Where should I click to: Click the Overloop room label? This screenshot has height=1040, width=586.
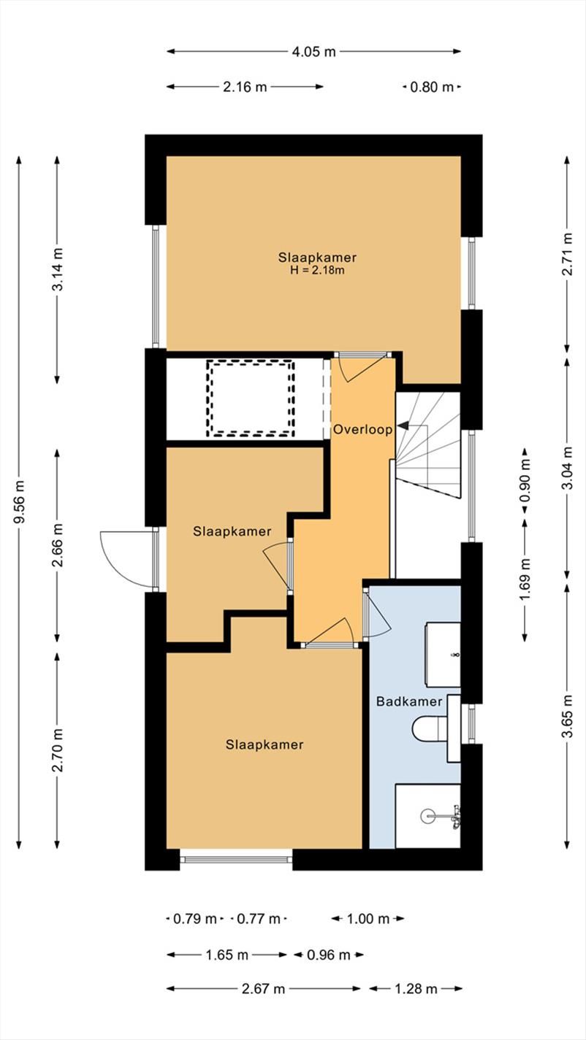(363, 430)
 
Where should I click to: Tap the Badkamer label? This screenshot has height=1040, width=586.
(409, 701)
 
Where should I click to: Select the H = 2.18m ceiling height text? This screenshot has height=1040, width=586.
(317, 270)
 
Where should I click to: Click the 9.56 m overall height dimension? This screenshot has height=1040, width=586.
(19, 502)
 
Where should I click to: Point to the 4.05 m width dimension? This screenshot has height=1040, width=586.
(313, 52)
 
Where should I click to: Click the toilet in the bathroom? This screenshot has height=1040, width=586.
(430, 728)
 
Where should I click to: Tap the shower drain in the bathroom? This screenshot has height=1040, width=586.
(428, 816)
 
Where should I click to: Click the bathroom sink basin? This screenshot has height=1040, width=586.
(443, 655)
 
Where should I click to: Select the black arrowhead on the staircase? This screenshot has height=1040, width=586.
(402, 425)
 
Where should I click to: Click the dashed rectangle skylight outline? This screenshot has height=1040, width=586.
(251, 398)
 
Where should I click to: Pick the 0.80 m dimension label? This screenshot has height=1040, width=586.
(432, 87)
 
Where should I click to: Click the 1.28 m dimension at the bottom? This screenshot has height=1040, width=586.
(416, 988)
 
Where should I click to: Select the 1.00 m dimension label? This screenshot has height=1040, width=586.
(368, 918)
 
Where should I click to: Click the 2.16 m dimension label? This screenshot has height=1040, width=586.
(245, 87)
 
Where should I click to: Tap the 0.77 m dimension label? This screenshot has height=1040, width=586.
(259, 918)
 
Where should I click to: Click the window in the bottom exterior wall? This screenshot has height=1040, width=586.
(236, 860)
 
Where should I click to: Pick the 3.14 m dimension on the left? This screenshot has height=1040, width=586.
(57, 270)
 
